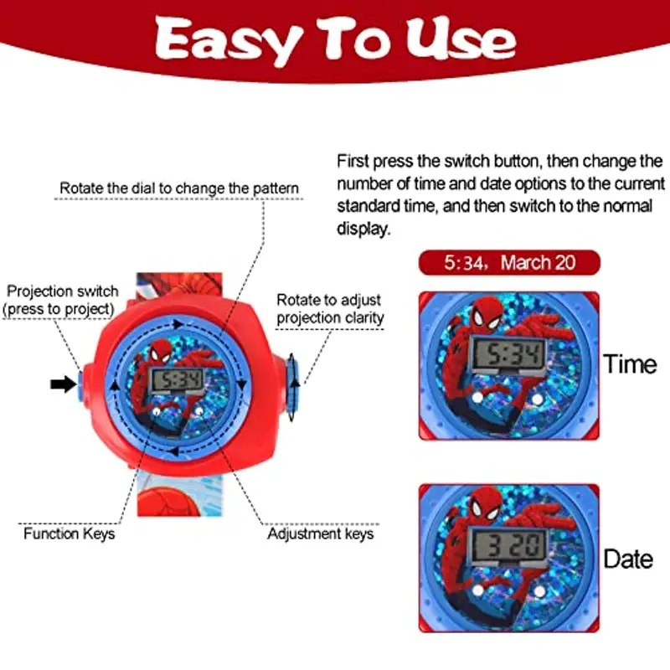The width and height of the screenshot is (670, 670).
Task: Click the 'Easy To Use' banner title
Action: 336,39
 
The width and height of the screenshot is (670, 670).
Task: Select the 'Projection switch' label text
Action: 62,291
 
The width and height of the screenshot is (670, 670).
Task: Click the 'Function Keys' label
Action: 70,533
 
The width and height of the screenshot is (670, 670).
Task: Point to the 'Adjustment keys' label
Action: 321,533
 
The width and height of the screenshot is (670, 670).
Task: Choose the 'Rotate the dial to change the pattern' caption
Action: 179,188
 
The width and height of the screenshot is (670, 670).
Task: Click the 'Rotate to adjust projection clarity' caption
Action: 330,308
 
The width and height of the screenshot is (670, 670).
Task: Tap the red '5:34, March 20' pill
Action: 509,262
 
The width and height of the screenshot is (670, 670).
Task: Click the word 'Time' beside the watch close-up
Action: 630,364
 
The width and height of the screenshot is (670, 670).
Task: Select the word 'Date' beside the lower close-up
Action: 628,559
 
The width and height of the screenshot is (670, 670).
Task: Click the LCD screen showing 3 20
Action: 508,546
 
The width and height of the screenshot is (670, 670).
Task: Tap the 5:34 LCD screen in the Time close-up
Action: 508,354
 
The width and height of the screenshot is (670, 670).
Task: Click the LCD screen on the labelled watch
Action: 178,380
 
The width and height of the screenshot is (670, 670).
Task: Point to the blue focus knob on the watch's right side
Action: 292,386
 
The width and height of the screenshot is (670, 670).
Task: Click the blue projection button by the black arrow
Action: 80,385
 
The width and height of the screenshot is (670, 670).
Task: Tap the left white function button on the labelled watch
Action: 157,412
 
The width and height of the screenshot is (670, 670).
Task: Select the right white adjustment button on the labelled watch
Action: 198,411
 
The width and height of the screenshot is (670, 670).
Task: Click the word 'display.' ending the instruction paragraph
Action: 363,229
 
